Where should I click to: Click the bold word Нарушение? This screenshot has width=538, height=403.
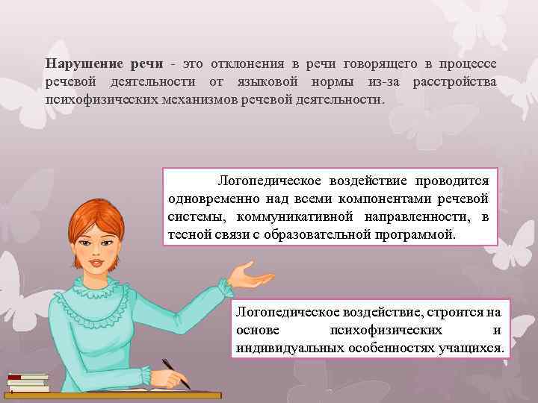tap(78, 64)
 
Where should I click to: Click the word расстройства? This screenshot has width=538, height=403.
tap(453, 81)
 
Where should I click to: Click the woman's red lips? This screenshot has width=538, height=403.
tap(98, 262)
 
